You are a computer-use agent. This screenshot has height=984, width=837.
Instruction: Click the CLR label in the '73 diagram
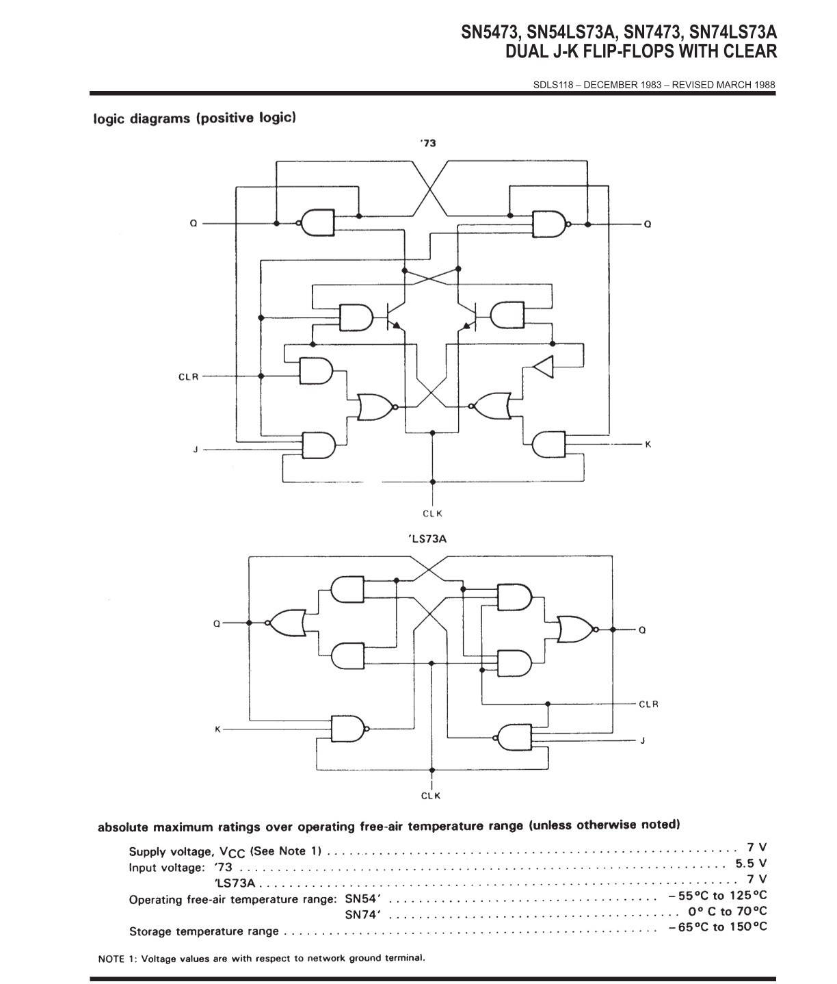click(188, 377)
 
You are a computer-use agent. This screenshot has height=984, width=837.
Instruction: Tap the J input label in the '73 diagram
click(195, 450)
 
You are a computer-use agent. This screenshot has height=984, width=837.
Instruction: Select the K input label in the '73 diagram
click(648, 444)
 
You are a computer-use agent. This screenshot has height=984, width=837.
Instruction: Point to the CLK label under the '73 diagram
click(433, 514)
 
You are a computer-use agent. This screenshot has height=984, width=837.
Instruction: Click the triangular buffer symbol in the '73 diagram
click(544, 367)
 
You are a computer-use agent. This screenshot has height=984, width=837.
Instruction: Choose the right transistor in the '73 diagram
click(468, 316)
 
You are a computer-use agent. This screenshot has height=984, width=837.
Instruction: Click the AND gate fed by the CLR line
click(316, 371)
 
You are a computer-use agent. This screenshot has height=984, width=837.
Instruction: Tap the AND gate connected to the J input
click(319, 445)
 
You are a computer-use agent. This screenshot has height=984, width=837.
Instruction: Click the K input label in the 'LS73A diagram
click(218, 729)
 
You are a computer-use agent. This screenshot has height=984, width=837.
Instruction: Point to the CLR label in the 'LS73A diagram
click(648, 704)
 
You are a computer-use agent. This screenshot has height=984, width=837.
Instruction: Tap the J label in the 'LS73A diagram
click(642, 741)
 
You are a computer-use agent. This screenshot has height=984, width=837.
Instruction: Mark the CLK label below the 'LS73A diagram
click(431, 796)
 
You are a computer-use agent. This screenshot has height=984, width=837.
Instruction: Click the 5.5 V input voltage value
click(751, 863)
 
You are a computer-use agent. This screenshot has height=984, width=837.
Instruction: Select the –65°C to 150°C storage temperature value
click(717, 927)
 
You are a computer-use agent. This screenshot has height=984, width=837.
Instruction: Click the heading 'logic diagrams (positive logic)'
click(195, 118)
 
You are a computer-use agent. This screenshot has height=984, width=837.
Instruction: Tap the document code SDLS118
click(553, 85)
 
